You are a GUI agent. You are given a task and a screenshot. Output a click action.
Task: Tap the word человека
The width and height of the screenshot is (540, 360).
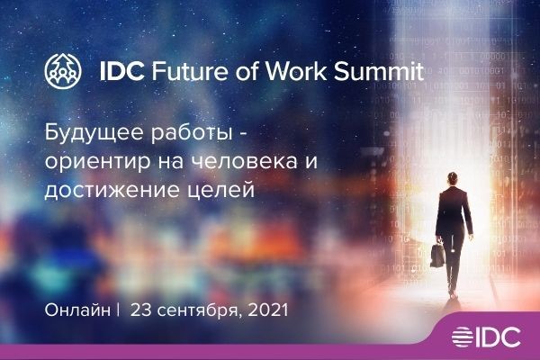click(238, 163)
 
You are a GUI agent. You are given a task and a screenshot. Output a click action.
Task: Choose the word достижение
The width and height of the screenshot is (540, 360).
click(102, 192)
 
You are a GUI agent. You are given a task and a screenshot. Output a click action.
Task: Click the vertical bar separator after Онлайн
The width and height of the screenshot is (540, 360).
click(117, 310)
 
